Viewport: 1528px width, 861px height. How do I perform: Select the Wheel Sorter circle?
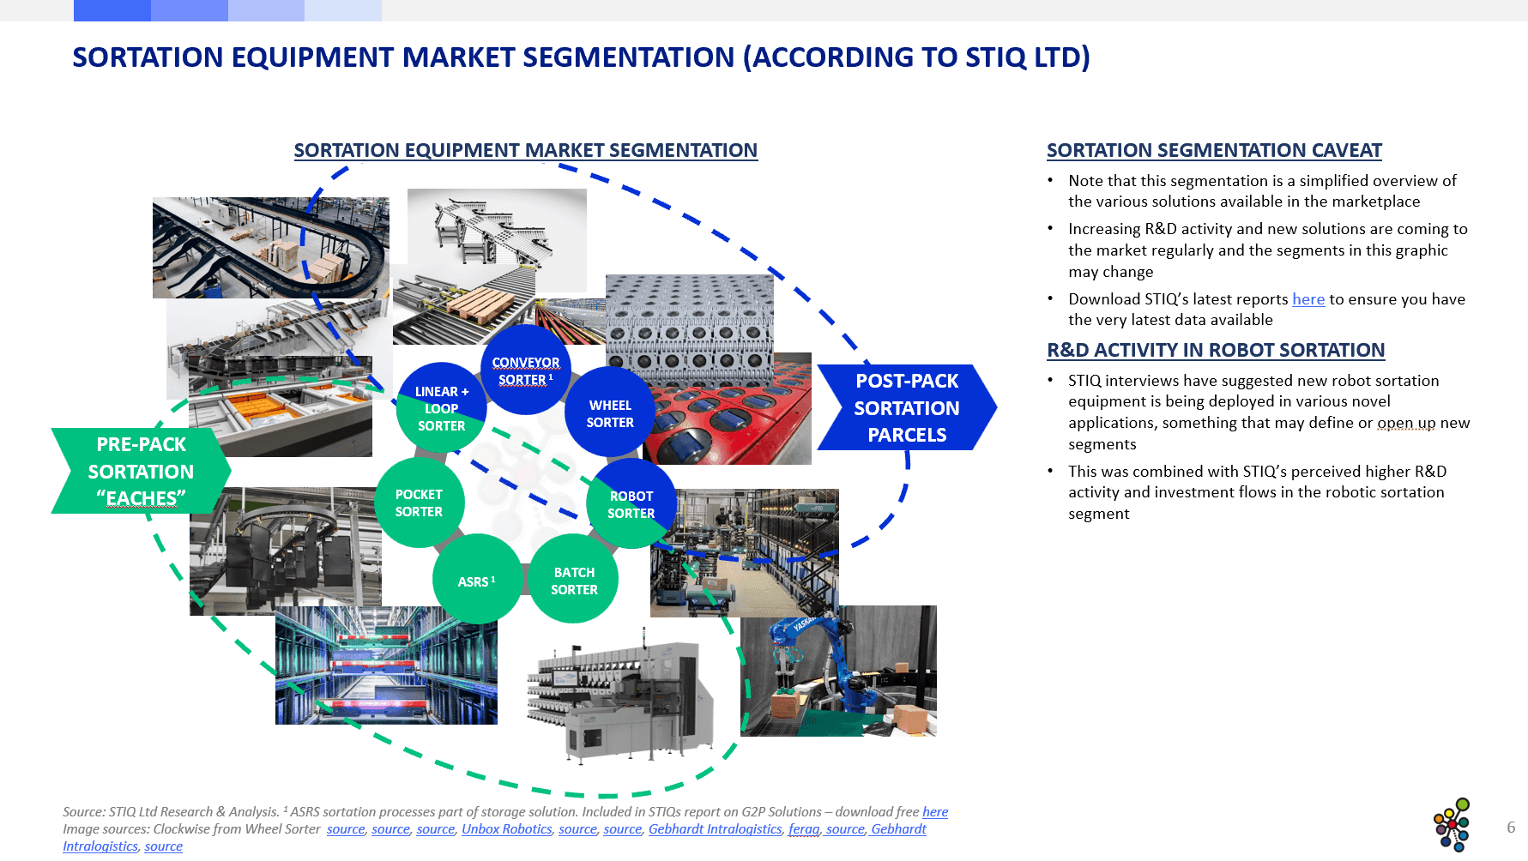point(610,413)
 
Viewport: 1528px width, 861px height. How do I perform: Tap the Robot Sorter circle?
point(631,504)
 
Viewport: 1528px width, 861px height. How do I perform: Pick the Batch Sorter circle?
point(574,581)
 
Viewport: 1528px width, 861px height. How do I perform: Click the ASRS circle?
point(476,581)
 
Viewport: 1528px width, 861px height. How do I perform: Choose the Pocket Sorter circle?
point(419,503)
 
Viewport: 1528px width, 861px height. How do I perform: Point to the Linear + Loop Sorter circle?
point(441,408)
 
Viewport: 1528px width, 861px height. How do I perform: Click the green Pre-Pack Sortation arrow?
point(141,471)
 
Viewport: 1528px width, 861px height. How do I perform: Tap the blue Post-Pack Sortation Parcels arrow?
point(906,407)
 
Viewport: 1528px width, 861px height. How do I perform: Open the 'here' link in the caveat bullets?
point(1308,299)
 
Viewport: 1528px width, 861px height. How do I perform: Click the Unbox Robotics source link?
point(506,829)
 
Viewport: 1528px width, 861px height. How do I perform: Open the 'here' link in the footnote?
point(934,812)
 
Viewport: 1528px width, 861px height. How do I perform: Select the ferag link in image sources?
point(803,829)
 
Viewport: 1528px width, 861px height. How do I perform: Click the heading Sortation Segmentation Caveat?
point(1213,151)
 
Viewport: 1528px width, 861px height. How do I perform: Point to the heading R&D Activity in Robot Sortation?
point(1215,351)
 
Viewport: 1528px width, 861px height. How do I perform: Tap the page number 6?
point(1510,828)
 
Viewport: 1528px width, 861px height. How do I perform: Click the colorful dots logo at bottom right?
point(1452,825)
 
